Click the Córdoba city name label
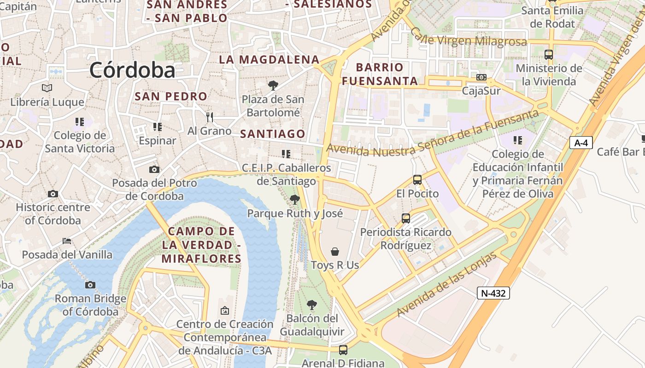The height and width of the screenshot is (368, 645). tap(133, 70)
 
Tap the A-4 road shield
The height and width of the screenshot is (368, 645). tap(581, 143)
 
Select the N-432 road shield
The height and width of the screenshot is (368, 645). tap(493, 293)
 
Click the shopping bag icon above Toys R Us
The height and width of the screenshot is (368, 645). tap(335, 252)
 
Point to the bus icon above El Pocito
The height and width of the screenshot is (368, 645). tap(417, 180)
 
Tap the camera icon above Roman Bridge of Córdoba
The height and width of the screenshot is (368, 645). tap(90, 285)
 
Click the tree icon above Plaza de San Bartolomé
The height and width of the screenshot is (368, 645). tap(273, 85)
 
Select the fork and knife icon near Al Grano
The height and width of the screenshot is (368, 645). tap(210, 117)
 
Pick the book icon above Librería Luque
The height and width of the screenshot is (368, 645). tap(47, 88)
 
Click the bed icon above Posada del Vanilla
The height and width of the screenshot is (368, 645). tap(67, 241)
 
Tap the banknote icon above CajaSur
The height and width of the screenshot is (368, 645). tap(481, 77)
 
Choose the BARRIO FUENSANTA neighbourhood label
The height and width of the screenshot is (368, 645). tap(380, 74)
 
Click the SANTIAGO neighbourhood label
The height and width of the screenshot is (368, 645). tap(273, 134)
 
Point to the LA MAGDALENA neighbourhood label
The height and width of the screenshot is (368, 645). tap(269, 59)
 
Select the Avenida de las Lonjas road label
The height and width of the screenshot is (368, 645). tap(446, 285)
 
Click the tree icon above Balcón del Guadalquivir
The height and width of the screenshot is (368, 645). tap(312, 305)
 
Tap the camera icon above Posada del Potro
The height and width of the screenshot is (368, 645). tap(154, 170)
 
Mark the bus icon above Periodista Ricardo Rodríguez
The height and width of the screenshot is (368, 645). tap(406, 218)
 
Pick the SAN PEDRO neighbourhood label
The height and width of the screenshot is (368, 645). tap(171, 97)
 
